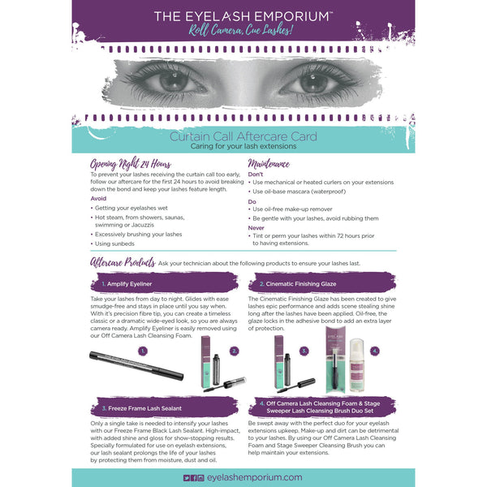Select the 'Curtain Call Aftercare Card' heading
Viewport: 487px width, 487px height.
[x=243, y=136]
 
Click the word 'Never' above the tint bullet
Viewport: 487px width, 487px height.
[x=256, y=227]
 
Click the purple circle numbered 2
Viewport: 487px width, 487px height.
[x=234, y=351]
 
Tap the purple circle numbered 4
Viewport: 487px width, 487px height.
[x=376, y=351]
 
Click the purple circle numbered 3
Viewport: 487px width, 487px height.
[x=304, y=351]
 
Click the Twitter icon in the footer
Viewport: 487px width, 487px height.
[x=187, y=479]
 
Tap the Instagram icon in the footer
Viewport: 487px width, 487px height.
[x=200, y=479]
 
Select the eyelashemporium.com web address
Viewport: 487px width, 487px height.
[x=255, y=479]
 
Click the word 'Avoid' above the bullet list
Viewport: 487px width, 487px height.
[x=98, y=197]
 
